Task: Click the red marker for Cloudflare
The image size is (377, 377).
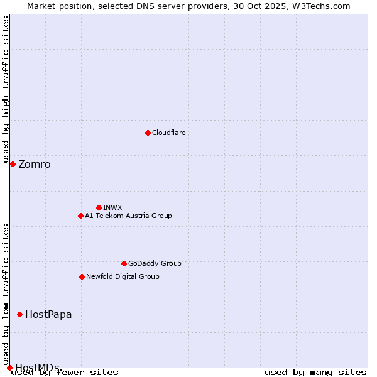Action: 148,133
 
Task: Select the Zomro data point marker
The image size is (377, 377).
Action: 13,164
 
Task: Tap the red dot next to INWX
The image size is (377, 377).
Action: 99,207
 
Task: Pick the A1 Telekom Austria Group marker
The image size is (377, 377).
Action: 80,216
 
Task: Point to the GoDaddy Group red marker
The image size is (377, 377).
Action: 124,263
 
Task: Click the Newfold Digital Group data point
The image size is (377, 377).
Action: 82,276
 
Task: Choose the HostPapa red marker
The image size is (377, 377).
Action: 19,314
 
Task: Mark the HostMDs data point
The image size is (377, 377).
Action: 9,368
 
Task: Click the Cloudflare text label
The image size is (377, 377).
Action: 168,133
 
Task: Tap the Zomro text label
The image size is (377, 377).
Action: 35,165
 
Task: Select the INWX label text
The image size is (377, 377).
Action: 112,207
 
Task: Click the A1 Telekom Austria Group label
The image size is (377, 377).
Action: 128,216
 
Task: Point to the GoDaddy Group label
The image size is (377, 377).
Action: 155,263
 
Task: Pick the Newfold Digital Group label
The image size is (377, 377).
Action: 123,276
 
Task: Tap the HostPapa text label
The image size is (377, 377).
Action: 48,315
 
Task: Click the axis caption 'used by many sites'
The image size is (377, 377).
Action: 315,373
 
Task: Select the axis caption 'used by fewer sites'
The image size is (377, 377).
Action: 65,373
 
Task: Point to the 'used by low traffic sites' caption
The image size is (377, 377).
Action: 6,290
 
